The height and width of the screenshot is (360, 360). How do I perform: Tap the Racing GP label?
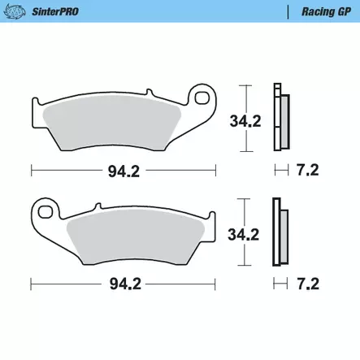[323, 13]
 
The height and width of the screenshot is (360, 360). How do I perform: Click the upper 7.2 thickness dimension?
[307, 171]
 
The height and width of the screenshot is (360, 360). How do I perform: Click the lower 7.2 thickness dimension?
[307, 284]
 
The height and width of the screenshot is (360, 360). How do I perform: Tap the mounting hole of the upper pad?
[201, 99]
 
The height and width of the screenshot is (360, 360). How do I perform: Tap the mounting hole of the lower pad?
[46, 214]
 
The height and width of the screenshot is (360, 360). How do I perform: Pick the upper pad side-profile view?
[280, 118]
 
